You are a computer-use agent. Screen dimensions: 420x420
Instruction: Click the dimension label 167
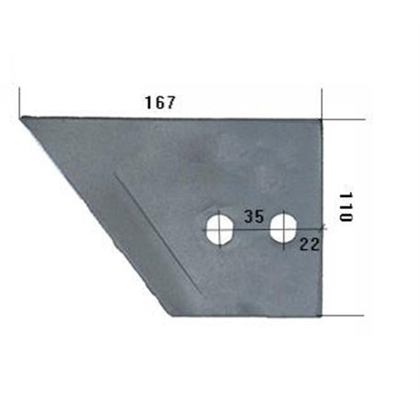[x=160, y=103]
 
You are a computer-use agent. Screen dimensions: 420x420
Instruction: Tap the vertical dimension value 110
[x=346, y=206]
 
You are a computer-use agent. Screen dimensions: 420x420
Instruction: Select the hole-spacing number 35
[x=254, y=216]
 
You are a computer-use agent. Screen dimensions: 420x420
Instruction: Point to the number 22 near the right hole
[x=309, y=244]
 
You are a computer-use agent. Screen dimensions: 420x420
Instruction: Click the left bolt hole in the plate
[x=220, y=229]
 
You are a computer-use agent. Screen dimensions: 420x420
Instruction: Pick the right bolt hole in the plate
[x=284, y=229]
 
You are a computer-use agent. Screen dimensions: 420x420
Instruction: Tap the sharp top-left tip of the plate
[x=20, y=117]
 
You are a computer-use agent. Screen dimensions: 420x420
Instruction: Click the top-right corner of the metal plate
[x=321, y=119]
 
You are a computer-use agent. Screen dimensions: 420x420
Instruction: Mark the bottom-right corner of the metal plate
[x=322, y=315]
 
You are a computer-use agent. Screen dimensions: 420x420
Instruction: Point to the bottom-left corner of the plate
[x=172, y=315]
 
